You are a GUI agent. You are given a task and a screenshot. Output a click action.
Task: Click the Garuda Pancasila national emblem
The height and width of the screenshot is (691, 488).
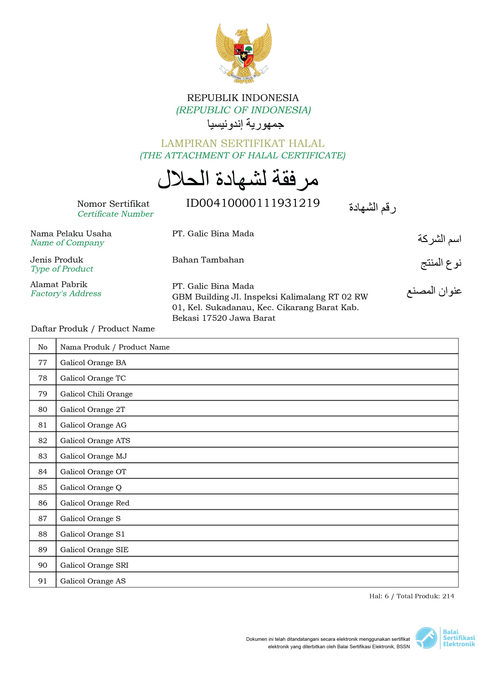[243, 53]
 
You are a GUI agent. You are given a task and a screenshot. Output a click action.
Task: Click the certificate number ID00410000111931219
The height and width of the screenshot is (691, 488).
[253, 203]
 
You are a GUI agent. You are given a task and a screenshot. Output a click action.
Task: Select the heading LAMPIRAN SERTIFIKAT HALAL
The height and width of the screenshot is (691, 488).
[243, 143]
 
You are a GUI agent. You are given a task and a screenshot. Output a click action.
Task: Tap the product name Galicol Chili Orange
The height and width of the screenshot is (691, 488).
[96, 394]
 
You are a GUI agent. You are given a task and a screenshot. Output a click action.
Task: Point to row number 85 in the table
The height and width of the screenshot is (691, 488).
[43, 487]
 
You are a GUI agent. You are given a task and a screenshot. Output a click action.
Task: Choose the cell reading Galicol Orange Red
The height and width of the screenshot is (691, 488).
[95, 503]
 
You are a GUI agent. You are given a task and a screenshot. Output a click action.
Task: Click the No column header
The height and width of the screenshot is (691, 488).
[43, 347]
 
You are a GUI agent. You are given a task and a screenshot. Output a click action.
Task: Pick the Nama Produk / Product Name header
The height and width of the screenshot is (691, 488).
[115, 347]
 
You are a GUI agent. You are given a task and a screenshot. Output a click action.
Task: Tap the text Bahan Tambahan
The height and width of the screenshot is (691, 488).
[208, 260]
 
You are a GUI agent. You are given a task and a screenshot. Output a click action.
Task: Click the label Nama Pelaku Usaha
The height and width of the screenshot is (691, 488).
[71, 233]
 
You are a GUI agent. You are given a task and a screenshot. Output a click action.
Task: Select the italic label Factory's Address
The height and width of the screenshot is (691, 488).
[66, 293]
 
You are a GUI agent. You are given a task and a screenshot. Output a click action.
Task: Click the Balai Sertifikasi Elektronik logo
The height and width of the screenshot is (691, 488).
[445, 638]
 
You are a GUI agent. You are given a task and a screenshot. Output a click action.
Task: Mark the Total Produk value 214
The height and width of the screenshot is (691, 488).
[448, 596]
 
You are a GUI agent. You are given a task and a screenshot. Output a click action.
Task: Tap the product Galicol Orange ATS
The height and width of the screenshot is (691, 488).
[95, 441]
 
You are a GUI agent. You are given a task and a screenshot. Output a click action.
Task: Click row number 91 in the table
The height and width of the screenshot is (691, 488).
[43, 581]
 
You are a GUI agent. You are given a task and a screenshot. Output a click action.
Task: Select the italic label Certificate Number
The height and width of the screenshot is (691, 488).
[115, 214]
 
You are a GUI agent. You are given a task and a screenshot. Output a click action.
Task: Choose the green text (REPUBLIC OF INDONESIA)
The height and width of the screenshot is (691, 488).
[243, 110]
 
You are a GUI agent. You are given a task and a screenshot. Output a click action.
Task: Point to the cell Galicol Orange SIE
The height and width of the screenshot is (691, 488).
[94, 550]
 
